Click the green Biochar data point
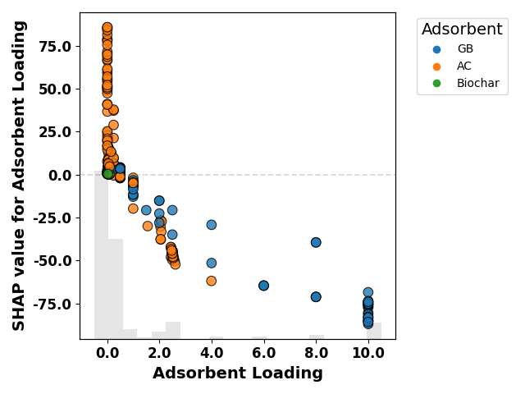(x=107, y=174)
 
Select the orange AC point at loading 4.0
(x=212, y=281)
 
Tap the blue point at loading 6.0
(x=263, y=286)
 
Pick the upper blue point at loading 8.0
(x=316, y=242)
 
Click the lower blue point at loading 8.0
(x=316, y=297)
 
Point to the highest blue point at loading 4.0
(x=212, y=225)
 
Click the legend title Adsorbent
(x=462, y=30)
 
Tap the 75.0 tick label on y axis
(x=55, y=46)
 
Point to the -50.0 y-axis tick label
(x=52, y=261)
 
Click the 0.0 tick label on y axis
(x=60, y=175)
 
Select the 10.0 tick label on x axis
(x=368, y=353)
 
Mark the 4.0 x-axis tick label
(x=212, y=353)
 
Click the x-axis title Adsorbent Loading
(x=238, y=373)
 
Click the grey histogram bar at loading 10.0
(x=374, y=331)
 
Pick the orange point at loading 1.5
(x=148, y=226)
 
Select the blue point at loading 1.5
(x=146, y=210)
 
